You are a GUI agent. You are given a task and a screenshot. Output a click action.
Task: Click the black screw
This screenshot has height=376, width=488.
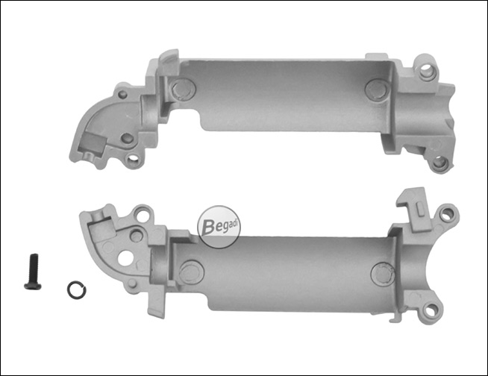click(x=33, y=272)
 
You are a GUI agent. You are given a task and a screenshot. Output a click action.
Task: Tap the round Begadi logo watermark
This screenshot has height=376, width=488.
click(x=219, y=227)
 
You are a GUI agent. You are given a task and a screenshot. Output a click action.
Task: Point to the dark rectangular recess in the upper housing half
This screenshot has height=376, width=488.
click(x=94, y=142)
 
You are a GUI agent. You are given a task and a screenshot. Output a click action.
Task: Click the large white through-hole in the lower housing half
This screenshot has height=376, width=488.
click(x=126, y=258)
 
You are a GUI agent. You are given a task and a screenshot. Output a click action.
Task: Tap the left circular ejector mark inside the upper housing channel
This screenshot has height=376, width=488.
click(x=184, y=90)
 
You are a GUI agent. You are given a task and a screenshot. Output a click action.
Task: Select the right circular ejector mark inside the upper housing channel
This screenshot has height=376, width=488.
click(x=378, y=90)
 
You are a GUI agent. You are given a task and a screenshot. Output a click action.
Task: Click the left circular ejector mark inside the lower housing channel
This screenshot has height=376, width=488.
click(x=192, y=272)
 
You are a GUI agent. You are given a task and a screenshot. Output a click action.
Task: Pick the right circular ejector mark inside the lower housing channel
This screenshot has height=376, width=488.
click(x=383, y=274)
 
